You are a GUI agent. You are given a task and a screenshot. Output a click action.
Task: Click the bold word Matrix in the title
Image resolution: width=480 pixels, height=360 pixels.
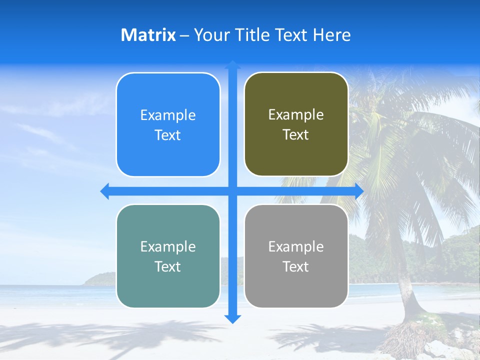[x=148, y=35]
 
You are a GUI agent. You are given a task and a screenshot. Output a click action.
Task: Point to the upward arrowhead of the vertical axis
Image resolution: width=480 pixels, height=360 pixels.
[x=232, y=64]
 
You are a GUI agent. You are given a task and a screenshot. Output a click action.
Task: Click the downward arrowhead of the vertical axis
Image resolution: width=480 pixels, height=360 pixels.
[x=232, y=319]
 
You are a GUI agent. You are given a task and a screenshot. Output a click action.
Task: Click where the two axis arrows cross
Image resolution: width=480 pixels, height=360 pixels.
[x=232, y=191]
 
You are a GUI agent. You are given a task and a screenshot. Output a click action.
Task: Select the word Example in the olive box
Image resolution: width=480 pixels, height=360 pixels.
[x=296, y=115]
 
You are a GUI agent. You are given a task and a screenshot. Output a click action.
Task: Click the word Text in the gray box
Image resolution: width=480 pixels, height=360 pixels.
[x=296, y=266]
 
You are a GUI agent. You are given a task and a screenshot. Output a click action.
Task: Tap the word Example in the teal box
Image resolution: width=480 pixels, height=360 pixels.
[x=168, y=246]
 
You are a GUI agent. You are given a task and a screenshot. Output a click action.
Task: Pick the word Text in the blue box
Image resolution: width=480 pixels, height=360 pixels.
[x=168, y=135]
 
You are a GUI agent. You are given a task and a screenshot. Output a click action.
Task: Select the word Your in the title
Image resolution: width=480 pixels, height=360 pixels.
[x=209, y=35]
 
